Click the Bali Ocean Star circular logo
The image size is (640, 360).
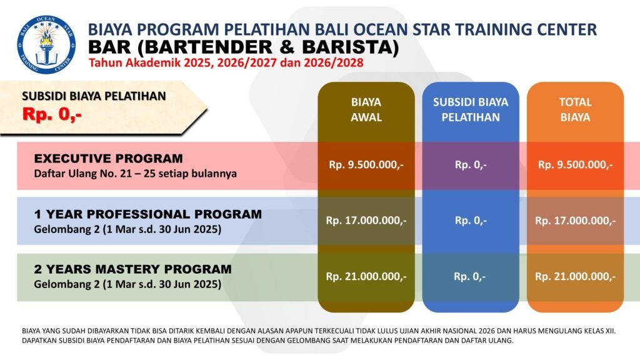pyautogui.click(x=46, y=44)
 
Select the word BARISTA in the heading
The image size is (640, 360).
pyautogui.click(x=346, y=47)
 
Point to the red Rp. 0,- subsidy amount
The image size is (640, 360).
pyautogui.click(x=52, y=114)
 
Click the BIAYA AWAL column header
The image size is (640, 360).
pyautogui.click(x=366, y=109)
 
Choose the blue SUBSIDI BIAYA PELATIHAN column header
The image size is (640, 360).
pyautogui.click(x=471, y=109)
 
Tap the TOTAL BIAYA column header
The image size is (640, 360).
pyautogui.click(x=575, y=109)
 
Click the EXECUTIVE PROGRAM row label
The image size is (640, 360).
pyautogui.click(x=108, y=158)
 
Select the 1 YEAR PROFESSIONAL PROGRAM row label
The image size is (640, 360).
pyautogui.click(x=147, y=214)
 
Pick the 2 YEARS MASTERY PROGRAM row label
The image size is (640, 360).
pyautogui.click(x=132, y=269)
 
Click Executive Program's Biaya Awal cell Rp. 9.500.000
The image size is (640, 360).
pyautogui.click(x=366, y=165)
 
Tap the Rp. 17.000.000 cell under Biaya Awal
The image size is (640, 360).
pyautogui.click(x=366, y=221)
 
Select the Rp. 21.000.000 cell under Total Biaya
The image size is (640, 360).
pyautogui.click(x=575, y=277)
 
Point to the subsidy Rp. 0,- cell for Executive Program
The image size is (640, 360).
pyautogui.click(x=471, y=165)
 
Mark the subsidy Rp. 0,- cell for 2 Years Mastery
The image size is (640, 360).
pyautogui.click(x=470, y=277)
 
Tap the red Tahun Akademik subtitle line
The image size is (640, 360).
pyautogui.click(x=226, y=63)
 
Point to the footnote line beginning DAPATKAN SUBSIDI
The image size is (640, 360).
pyautogui.click(x=267, y=340)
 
